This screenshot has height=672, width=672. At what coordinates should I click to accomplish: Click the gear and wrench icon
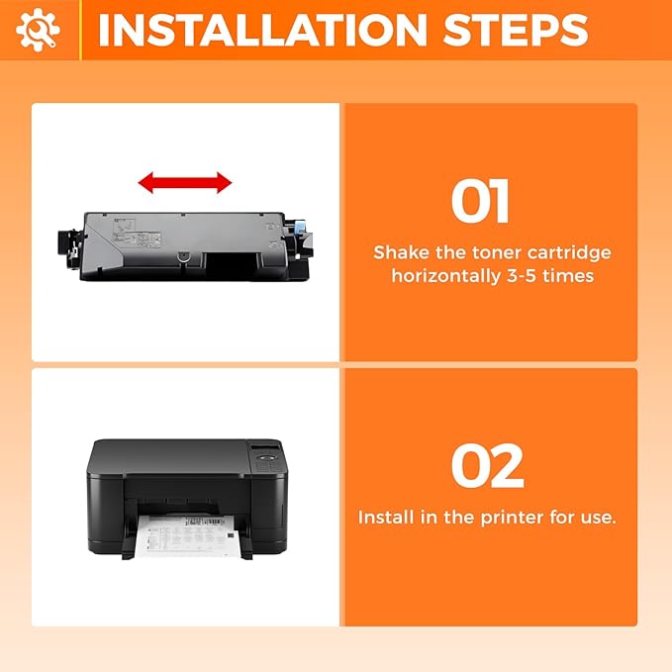tap(38, 30)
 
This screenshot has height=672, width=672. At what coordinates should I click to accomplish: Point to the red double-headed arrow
tap(185, 182)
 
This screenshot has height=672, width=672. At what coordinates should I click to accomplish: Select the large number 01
tap(481, 202)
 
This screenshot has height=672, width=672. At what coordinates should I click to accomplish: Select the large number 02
tap(487, 466)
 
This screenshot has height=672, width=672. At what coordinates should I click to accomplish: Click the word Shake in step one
tap(402, 253)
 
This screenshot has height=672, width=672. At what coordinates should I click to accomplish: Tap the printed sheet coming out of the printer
tap(187, 540)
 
